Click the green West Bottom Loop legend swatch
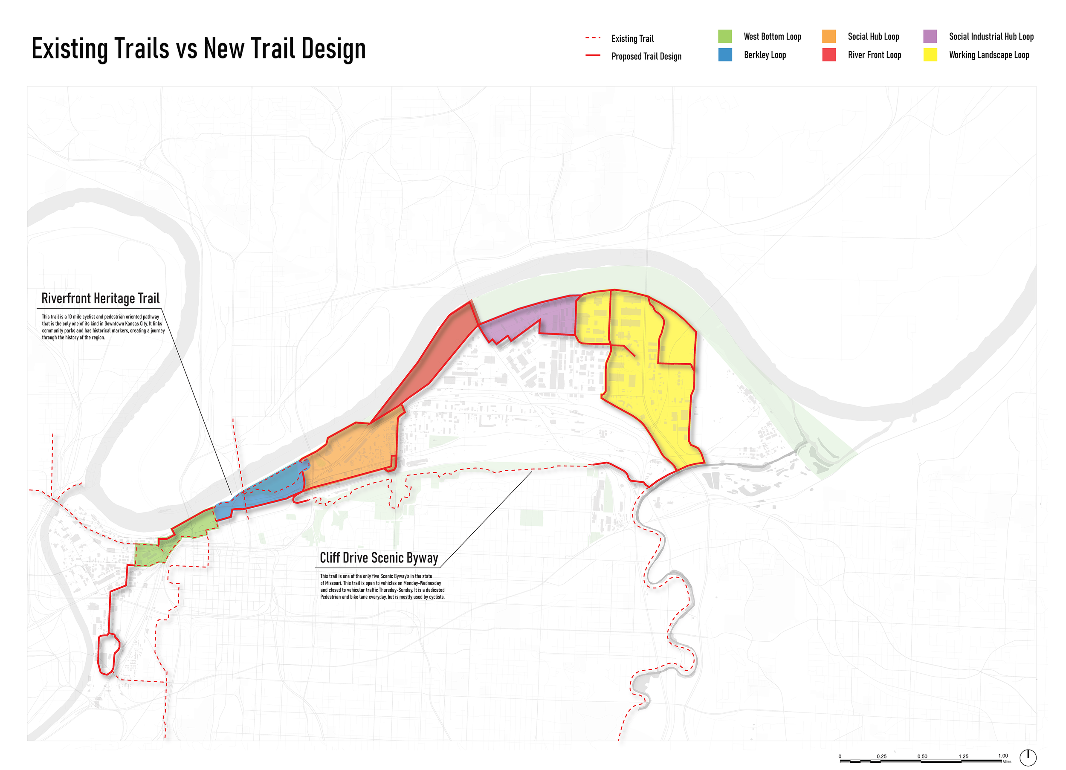pyautogui.click(x=725, y=36)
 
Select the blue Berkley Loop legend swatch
pyautogui.click(x=725, y=55)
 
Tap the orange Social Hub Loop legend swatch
pyautogui.click(x=828, y=36)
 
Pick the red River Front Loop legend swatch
pyautogui.click(x=828, y=55)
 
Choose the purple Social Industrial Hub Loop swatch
pyautogui.click(x=930, y=36)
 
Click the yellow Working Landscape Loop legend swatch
pyautogui.click(x=930, y=55)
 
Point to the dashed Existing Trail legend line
pyautogui.click(x=593, y=38)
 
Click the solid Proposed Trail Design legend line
pyautogui.click(x=593, y=55)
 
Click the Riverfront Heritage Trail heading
pyautogui.click(x=100, y=298)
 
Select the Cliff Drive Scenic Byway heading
pyautogui.click(x=379, y=558)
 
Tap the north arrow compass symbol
pyautogui.click(x=1028, y=757)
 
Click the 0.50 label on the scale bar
pyautogui.click(x=922, y=756)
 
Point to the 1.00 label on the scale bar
pyautogui.click(x=1002, y=756)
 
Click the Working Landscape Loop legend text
pyautogui.click(x=988, y=55)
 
